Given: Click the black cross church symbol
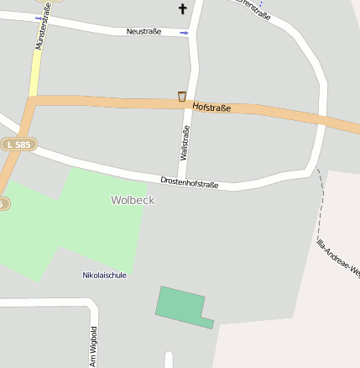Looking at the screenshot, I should pos(183,9).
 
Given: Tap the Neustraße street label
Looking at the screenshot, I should pos(143,31).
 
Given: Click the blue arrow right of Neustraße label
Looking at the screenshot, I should pos(184,33).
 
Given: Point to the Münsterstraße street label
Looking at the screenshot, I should pos(42,25).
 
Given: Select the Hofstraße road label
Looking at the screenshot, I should pos(211,107).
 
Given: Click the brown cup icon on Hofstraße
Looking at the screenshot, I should pos(182,97).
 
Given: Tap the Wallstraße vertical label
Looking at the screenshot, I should pos(185,142).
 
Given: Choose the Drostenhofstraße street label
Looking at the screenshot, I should pos(190,182).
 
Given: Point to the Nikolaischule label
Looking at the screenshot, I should pos(104,275).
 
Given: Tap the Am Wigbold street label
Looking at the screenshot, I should pos(94,345).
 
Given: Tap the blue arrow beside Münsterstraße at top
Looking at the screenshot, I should pos(39,18).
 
